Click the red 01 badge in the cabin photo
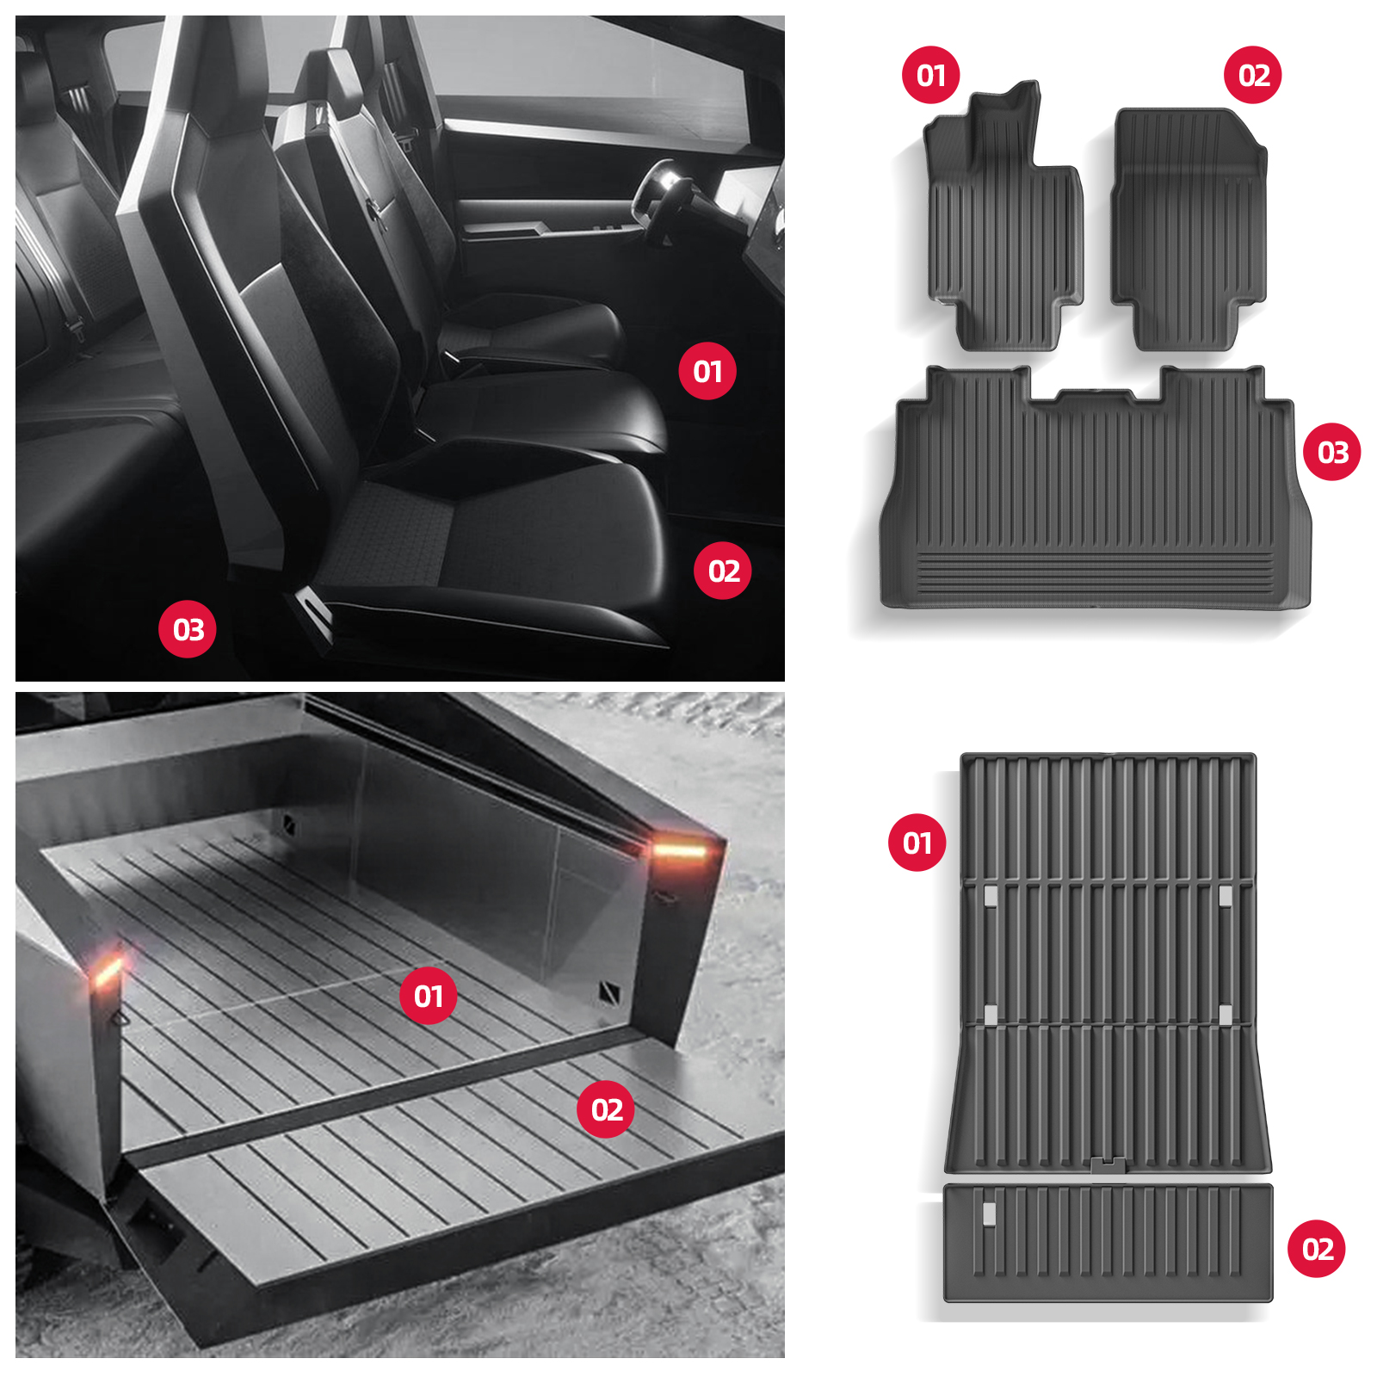[707, 371]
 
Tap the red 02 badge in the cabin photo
[723, 571]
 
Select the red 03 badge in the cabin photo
[188, 629]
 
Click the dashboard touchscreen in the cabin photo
[745, 198]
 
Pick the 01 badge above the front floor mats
[931, 75]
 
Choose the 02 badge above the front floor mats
[1253, 75]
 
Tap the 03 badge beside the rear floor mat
[1332, 452]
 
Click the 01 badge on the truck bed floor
[429, 996]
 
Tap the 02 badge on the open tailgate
[606, 1109]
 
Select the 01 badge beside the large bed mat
[917, 843]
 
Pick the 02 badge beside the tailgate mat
[1317, 1249]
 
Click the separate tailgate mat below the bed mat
[1108, 1243]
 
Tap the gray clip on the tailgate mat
[989, 1213]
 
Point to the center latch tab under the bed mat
[1108, 1165]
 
